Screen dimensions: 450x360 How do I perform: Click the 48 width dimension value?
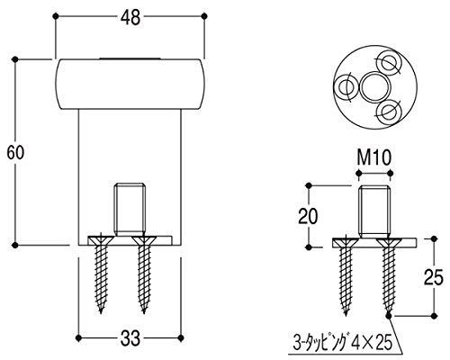click(x=130, y=18)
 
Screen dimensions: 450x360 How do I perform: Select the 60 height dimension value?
click(x=15, y=152)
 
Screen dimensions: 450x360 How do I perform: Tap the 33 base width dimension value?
click(x=130, y=338)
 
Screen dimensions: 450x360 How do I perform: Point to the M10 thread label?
click(x=374, y=157)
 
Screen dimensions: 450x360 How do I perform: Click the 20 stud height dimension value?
click(x=308, y=216)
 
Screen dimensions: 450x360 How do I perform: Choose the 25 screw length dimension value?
click(x=433, y=277)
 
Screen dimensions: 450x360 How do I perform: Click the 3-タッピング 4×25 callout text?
click(x=342, y=343)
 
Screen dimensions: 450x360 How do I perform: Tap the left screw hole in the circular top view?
click(x=346, y=87)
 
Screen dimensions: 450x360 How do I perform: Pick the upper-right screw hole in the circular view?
click(x=389, y=63)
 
